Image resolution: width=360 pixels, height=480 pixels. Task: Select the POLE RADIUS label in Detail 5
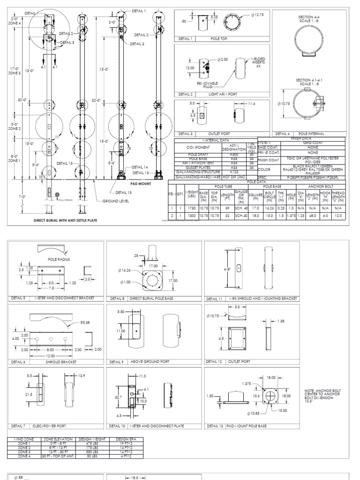pyautogui.click(x=58, y=258)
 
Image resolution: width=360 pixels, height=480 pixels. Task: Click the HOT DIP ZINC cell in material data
pyautogui.click(x=234, y=177)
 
